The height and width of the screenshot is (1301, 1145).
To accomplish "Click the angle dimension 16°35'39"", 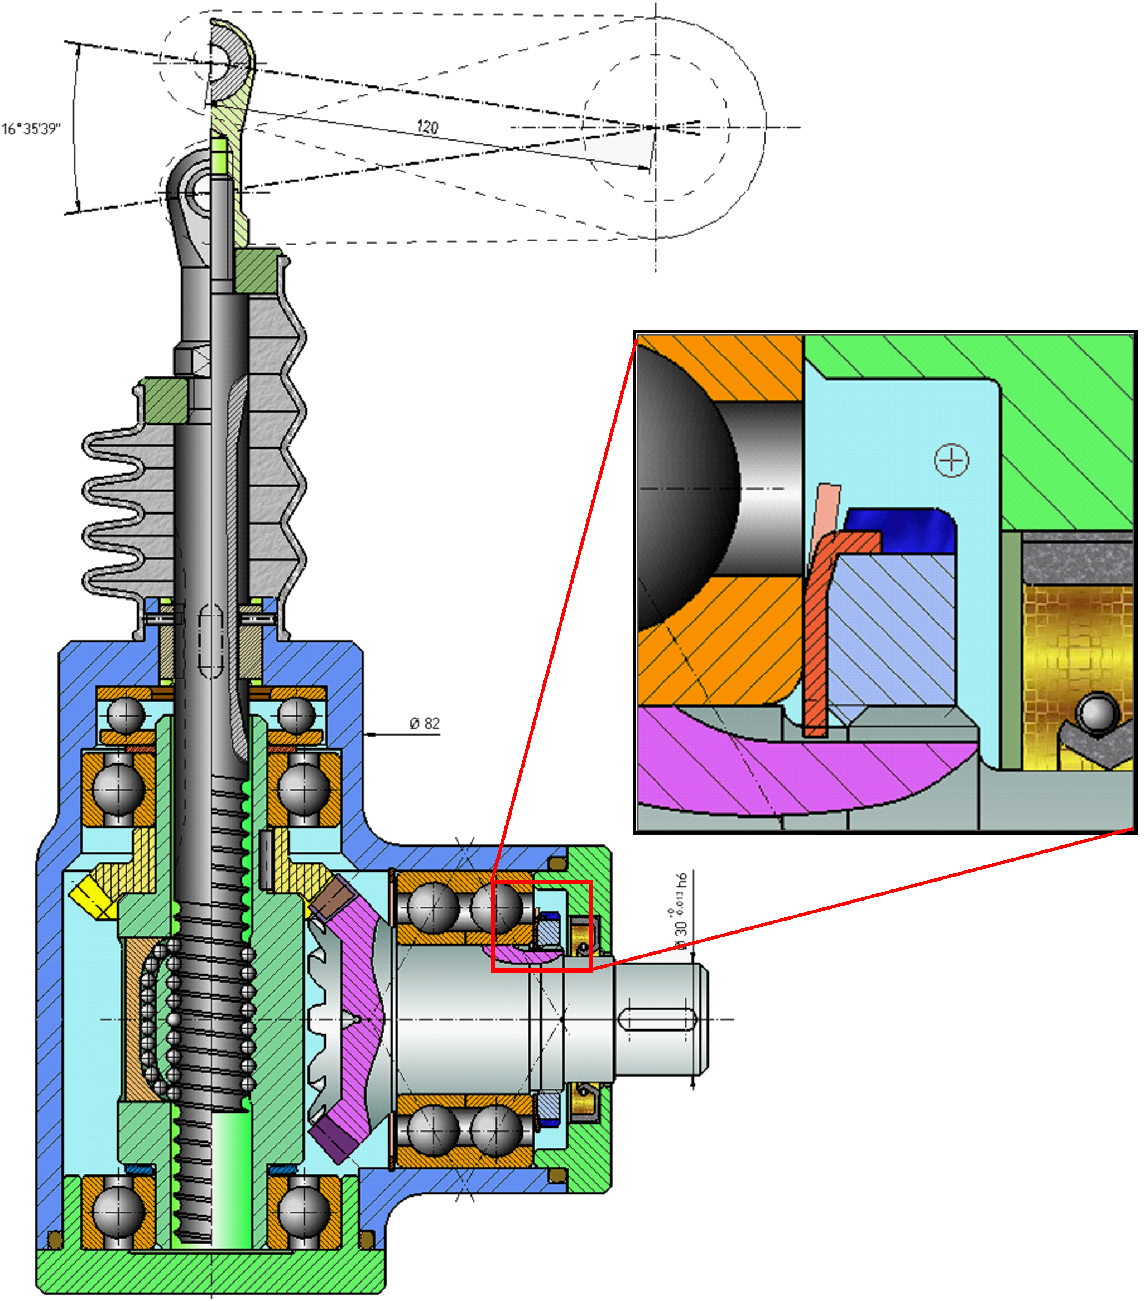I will pyautogui.click(x=31, y=129).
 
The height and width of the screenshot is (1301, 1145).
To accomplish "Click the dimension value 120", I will pyautogui.click(x=427, y=127).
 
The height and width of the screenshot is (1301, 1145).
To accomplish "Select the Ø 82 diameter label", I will pyautogui.click(x=424, y=724).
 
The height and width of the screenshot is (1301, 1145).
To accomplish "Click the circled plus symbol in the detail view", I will pyautogui.click(x=951, y=460).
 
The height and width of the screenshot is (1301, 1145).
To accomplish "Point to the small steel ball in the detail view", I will pyautogui.click(x=1097, y=713).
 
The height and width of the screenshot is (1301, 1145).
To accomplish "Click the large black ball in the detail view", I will pyautogui.click(x=681, y=490).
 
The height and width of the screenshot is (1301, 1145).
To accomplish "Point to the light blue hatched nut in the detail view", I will pyautogui.click(x=892, y=630).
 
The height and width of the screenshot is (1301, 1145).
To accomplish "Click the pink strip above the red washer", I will pyautogui.click(x=826, y=509).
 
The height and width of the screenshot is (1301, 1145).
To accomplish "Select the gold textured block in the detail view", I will pyautogui.click(x=1076, y=643).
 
